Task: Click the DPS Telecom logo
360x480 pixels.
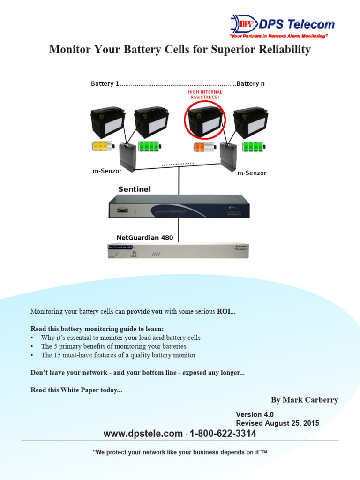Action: (282, 25)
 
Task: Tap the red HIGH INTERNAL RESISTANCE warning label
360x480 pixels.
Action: (204, 95)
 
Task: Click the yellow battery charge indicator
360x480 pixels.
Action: (103, 146)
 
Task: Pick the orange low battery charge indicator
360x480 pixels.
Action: (204, 147)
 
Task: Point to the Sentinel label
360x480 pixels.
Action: (135, 189)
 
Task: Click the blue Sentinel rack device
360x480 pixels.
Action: (179, 207)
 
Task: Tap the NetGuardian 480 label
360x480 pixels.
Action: (145, 238)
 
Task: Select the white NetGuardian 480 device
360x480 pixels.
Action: (179, 250)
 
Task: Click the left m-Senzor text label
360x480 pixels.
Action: (107, 171)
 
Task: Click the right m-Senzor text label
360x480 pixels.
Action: (252, 173)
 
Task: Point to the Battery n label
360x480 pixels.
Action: (250, 84)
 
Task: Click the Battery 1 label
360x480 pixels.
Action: (102, 84)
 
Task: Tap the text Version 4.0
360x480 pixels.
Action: (255, 414)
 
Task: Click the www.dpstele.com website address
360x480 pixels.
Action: (143, 434)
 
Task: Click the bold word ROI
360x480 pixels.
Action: (225, 311)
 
